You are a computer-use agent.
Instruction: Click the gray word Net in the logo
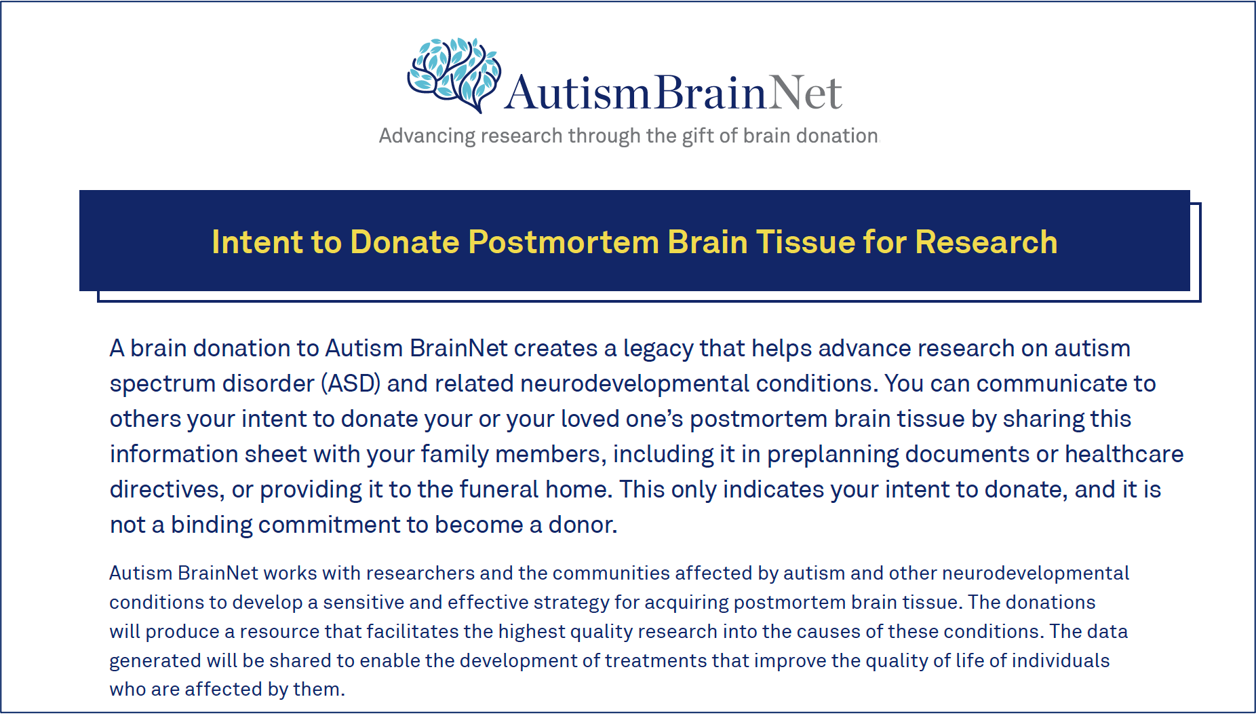[x=806, y=92]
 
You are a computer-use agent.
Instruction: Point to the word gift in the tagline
[x=698, y=136]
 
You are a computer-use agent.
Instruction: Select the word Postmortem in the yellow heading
[x=563, y=242]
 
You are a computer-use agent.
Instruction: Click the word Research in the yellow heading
[x=986, y=242]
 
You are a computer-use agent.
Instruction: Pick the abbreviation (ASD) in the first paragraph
[x=351, y=384]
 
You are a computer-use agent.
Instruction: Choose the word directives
[x=167, y=490]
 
